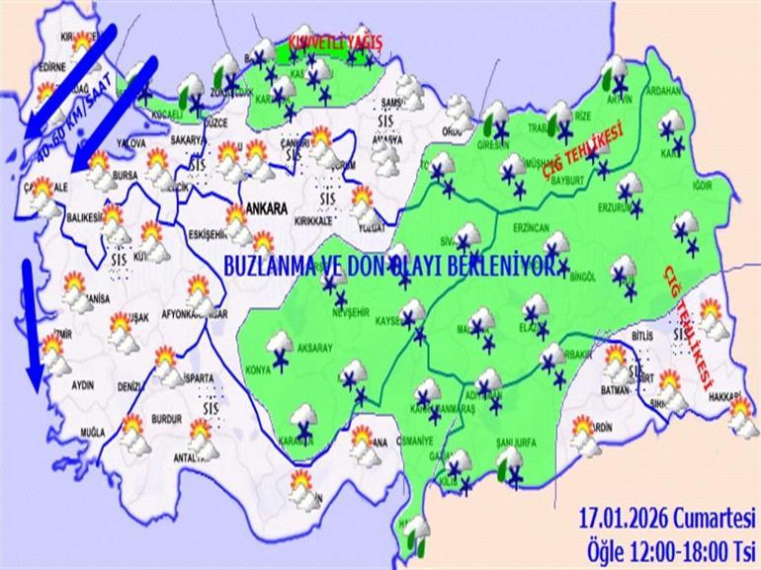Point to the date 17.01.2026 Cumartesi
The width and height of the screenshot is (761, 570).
(669, 517)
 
